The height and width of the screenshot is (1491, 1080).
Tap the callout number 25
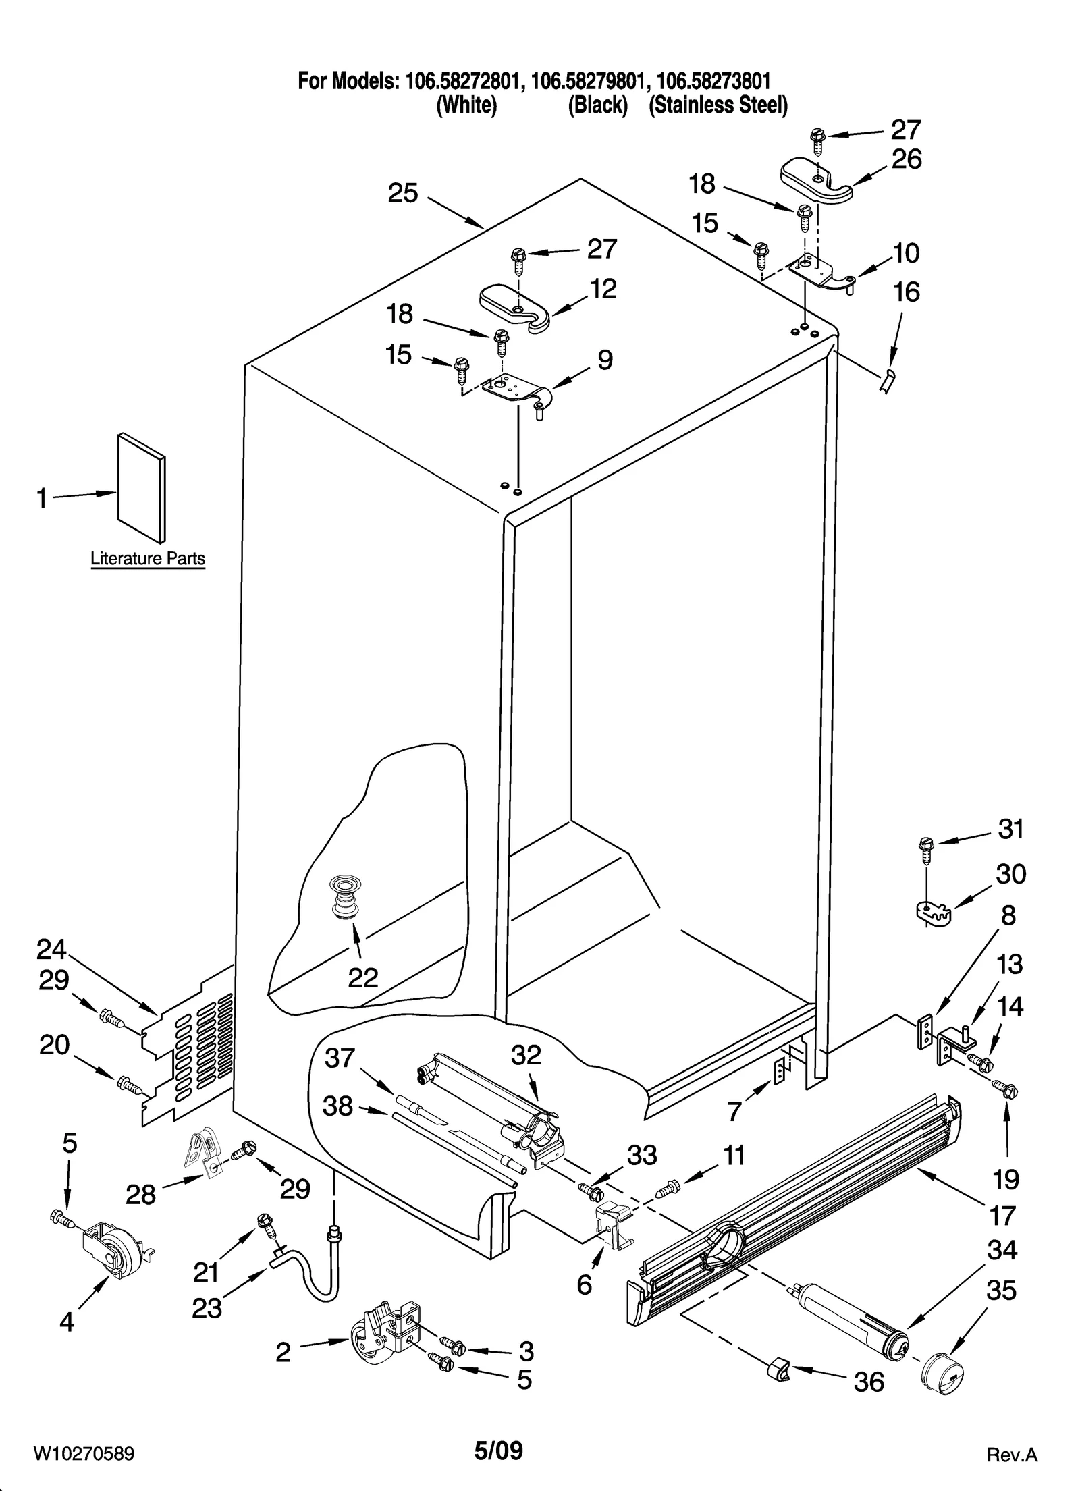[403, 194]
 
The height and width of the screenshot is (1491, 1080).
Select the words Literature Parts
[148, 559]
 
